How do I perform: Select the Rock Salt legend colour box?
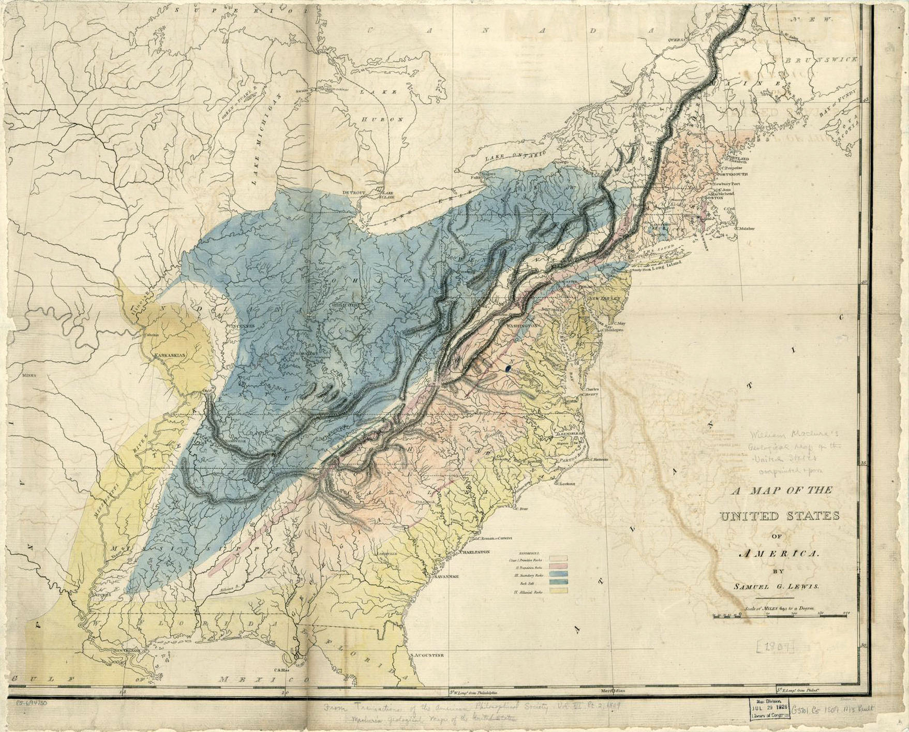[x=561, y=582]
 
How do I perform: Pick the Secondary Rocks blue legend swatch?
[x=561, y=574]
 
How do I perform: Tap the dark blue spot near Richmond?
[x=508, y=368]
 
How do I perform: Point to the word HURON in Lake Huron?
[x=375, y=119]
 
